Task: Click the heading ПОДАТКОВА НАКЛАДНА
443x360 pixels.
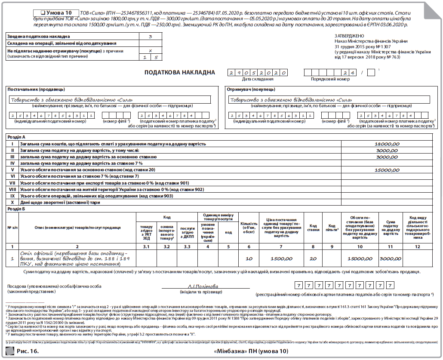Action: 180,72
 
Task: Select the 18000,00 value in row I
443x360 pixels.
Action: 387,144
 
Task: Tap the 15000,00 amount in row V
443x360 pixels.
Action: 387,170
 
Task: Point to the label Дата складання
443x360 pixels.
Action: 258,79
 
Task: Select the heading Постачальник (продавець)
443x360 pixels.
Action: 37,89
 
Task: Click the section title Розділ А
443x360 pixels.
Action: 17,136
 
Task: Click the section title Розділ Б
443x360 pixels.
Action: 17,209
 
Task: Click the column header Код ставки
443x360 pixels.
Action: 313,227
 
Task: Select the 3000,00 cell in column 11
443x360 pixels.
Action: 391,259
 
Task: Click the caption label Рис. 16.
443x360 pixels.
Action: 28,352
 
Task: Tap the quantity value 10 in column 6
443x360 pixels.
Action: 249,259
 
